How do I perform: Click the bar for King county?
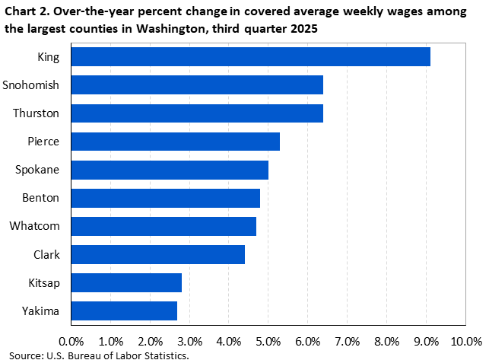click(251, 57)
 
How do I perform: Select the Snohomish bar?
click(197, 85)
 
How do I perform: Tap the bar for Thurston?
click(197, 113)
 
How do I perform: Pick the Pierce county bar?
click(176, 142)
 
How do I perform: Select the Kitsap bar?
click(126, 282)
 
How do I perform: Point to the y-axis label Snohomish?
click(34, 85)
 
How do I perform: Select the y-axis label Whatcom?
click(38, 226)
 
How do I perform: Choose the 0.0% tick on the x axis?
click(71, 339)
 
